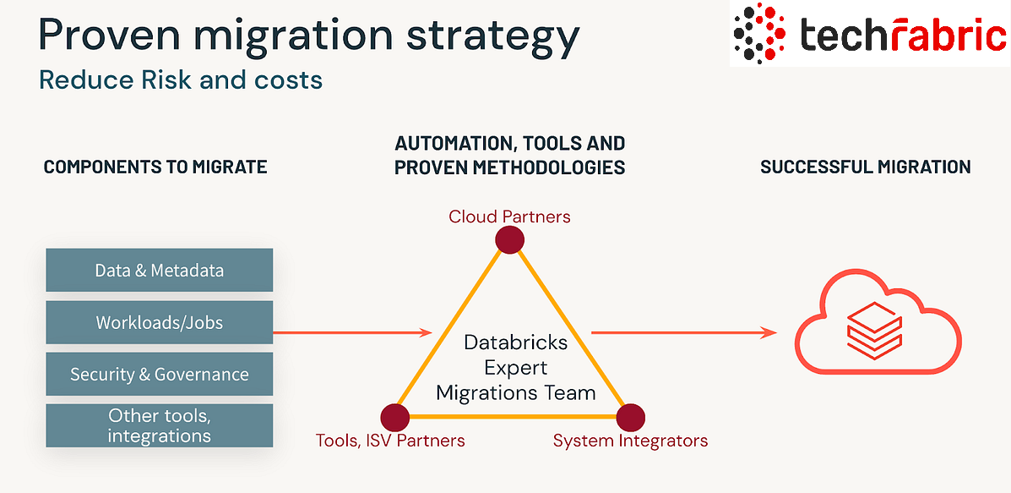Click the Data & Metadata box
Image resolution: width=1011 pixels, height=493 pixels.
point(160,270)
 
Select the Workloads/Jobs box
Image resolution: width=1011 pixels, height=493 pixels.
point(160,322)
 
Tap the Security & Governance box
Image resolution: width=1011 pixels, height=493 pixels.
point(160,374)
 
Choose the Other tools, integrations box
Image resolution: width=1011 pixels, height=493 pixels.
point(160,426)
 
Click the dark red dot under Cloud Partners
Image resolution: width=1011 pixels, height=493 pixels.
point(509,240)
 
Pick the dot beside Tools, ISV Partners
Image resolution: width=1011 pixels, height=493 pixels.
point(395,418)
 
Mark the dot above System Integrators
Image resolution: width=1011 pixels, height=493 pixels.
point(631,418)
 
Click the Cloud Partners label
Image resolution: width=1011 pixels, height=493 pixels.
point(509,216)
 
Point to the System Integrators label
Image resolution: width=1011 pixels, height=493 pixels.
point(631,441)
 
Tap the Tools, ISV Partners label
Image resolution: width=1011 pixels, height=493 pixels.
point(390,441)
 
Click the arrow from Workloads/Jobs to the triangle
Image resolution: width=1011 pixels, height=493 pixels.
point(353,332)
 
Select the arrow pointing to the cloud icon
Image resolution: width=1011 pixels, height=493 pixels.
point(683,332)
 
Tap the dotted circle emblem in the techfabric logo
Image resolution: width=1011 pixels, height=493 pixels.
point(759,33)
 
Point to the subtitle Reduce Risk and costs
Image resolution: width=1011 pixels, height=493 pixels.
point(181,80)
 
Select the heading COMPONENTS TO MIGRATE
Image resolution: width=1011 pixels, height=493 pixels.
point(155,167)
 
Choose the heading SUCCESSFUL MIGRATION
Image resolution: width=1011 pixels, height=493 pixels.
point(865,167)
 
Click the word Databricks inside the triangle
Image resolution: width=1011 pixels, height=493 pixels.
point(516,342)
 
